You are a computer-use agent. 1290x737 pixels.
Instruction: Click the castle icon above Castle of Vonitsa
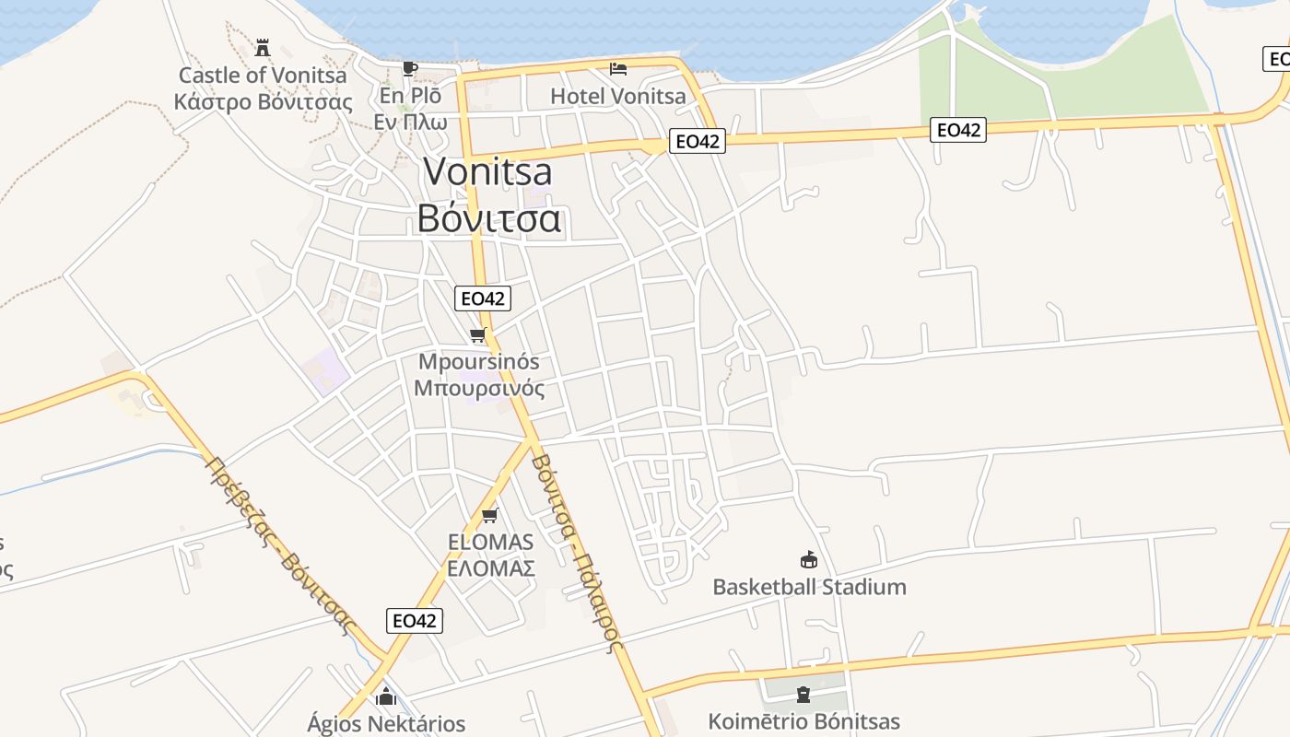click(x=263, y=47)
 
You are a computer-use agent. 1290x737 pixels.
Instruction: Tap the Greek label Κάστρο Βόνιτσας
click(x=264, y=101)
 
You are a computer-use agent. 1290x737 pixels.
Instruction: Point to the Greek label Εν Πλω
click(x=410, y=121)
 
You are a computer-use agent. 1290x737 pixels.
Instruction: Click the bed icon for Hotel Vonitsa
click(x=618, y=68)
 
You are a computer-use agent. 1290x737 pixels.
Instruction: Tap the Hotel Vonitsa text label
click(x=618, y=96)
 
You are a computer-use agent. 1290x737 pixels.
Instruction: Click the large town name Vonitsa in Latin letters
click(x=488, y=172)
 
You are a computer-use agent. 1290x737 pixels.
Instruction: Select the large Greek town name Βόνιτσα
click(x=488, y=219)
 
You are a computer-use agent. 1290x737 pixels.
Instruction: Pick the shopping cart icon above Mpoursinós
click(x=477, y=335)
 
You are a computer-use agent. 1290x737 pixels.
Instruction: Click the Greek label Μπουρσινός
click(x=479, y=388)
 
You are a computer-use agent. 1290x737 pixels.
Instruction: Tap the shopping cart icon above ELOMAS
click(x=490, y=515)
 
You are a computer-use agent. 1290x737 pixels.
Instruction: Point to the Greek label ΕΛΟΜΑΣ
click(x=491, y=568)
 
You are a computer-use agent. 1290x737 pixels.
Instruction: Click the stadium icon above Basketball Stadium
click(x=808, y=559)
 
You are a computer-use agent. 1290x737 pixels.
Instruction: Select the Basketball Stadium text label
click(x=809, y=587)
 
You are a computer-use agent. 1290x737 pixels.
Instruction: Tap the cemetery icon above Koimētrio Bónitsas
click(x=803, y=694)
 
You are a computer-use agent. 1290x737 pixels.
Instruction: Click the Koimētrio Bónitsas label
click(x=803, y=721)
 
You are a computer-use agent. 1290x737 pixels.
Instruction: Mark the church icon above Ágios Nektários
click(x=385, y=697)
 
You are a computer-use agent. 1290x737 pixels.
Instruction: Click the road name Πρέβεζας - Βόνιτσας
click(x=279, y=545)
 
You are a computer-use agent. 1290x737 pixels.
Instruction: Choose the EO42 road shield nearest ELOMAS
click(x=414, y=620)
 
